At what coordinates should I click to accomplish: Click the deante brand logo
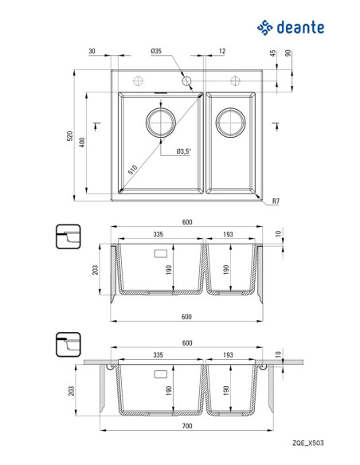[291, 28]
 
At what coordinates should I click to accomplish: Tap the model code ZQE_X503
[308, 443]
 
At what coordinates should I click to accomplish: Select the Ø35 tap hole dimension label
[156, 51]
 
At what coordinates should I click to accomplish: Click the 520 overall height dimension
[69, 136]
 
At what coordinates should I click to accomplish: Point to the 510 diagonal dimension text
[132, 170]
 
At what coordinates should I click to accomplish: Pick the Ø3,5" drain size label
[184, 151]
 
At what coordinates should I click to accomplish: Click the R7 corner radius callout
[276, 201]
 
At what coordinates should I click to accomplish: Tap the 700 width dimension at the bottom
[187, 426]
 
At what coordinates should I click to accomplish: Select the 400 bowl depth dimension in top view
[83, 143]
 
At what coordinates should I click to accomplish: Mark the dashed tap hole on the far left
[139, 80]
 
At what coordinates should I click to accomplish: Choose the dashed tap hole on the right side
[235, 80]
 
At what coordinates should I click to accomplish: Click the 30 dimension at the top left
[92, 51]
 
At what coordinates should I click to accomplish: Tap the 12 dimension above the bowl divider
[222, 51]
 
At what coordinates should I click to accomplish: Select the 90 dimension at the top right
[288, 53]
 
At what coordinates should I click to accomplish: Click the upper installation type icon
[68, 236]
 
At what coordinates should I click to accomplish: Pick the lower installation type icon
[68, 345]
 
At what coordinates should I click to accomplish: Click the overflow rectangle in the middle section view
[161, 253]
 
